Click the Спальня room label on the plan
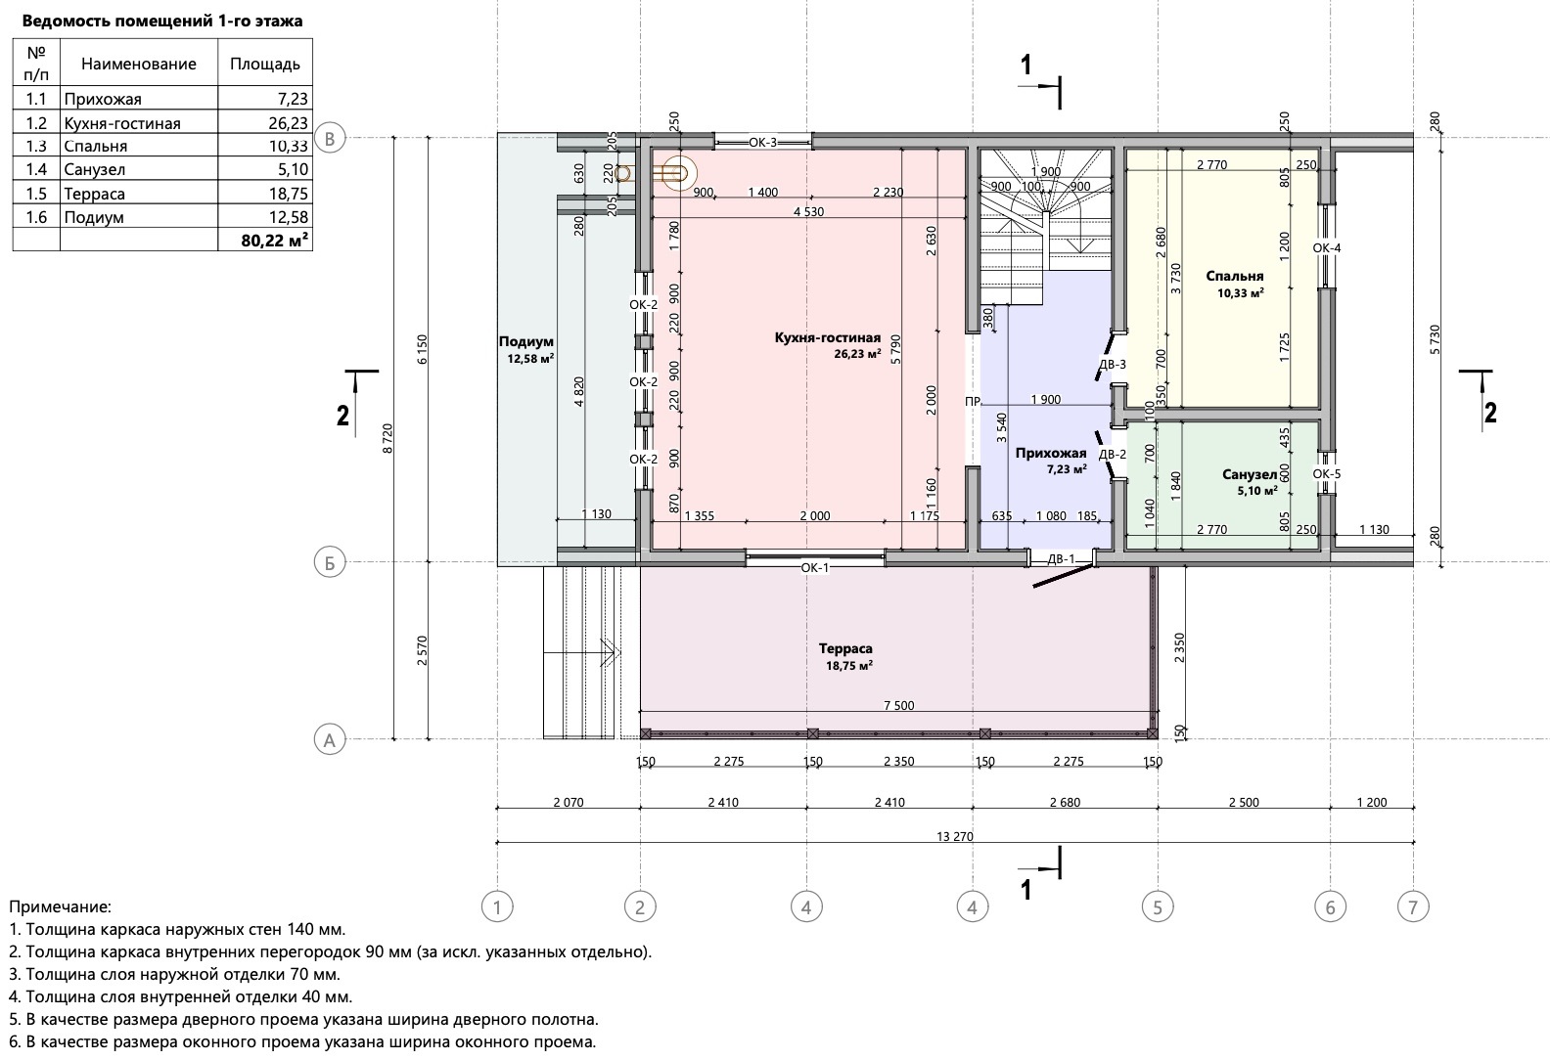coord(1235,276)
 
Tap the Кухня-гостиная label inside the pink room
coord(828,337)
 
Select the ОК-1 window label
coord(815,568)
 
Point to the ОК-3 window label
coord(762,143)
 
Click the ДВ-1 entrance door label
coord(1061,558)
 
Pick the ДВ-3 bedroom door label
coord(1113,365)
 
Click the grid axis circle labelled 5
coord(1158,906)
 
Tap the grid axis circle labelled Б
coord(330,563)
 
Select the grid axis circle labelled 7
coord(1413,906)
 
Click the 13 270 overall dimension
coord(955,836)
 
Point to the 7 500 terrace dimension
coord(899,705)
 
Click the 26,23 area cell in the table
coord(288,123)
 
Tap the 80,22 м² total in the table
coord(275,240)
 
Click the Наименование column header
coord(138,64)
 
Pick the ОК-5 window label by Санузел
coord(1327,473)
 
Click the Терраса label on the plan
coord(845,648)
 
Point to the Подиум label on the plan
coord(525,341)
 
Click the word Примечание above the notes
coord(61,906)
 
